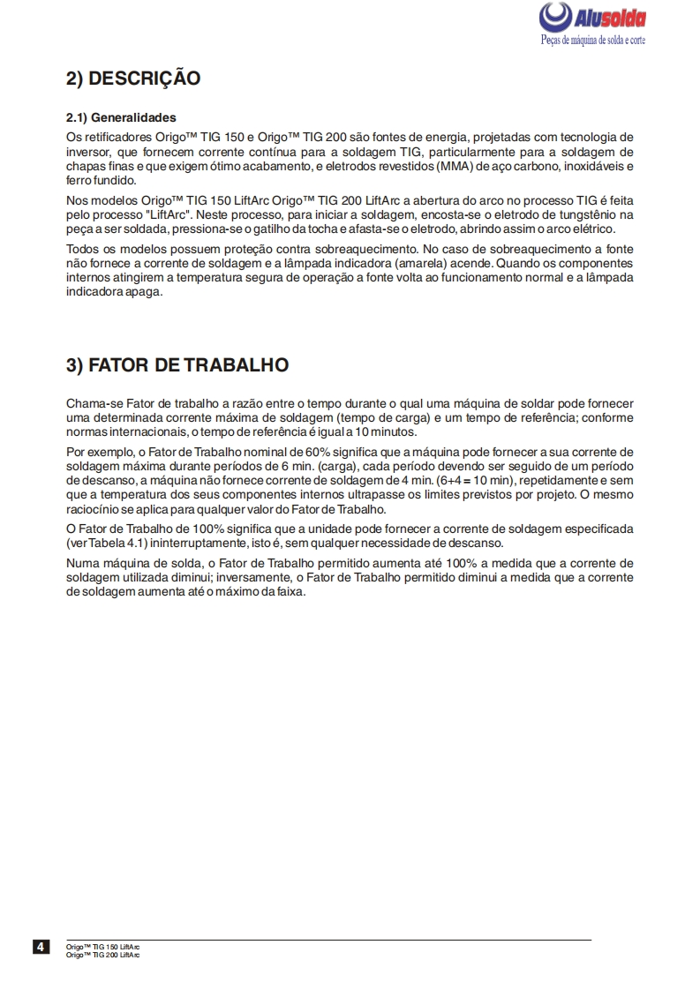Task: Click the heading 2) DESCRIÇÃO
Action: pos(133,79)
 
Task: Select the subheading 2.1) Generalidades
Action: pos(121,117)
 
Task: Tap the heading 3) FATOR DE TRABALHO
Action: pos(177,365)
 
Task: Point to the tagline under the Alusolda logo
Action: pos(592,41)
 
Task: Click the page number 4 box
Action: pos(41,948)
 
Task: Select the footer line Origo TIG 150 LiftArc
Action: pos(102,945)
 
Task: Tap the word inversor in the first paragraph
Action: pos(88,152)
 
